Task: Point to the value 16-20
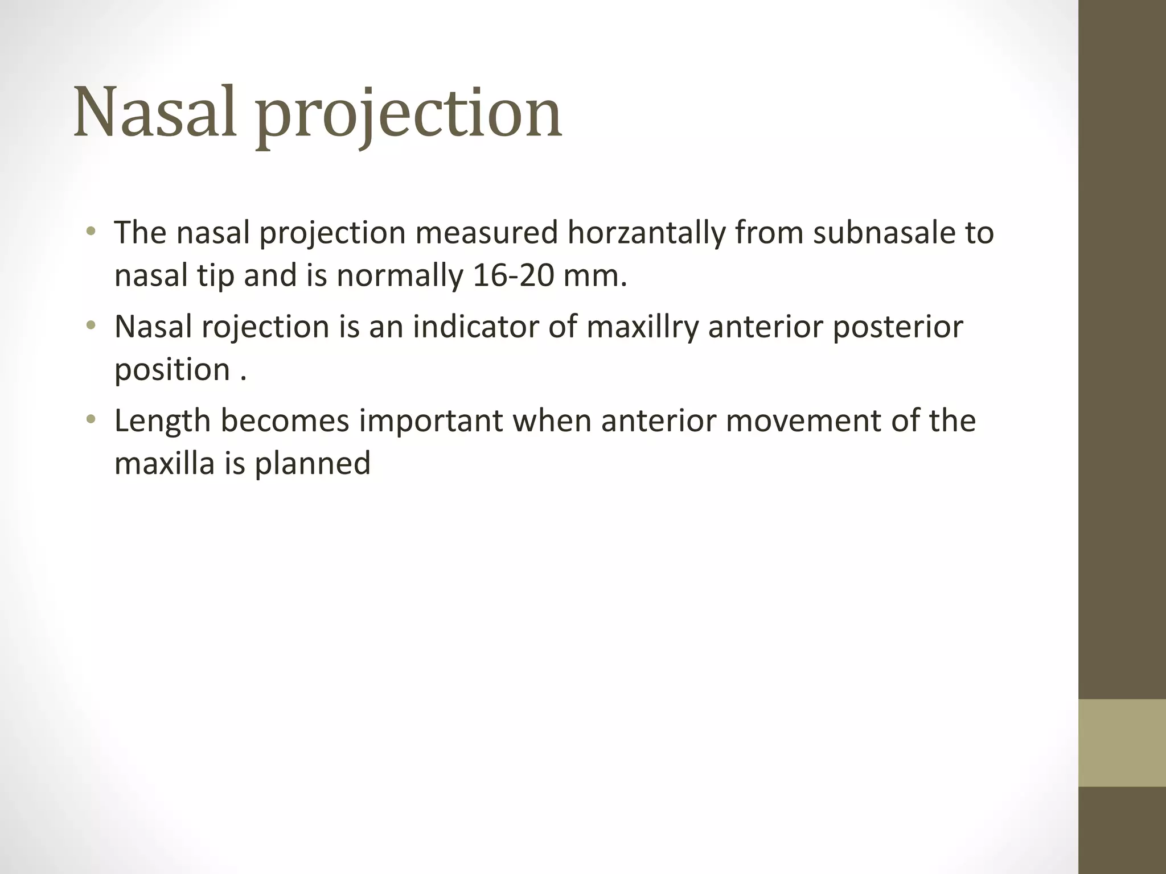coord(514,275)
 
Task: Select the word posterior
coord(898,328)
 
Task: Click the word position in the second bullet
coord(172,370)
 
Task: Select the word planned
coord(313,464)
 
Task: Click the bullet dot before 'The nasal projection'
coord(91,232)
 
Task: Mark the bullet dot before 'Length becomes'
coord(91,420)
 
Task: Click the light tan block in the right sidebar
coord(1122,743)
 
